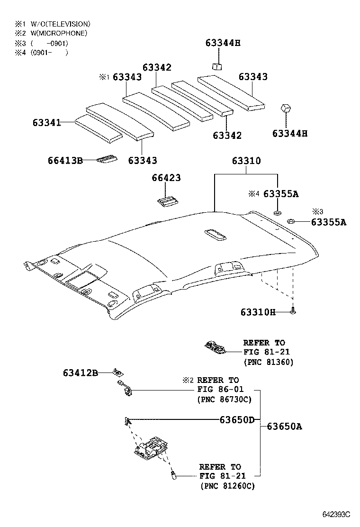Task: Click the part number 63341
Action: (x=46, y=122)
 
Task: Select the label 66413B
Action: (x=65, y=161)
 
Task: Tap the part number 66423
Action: (x=166, y=178)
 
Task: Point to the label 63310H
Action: (x=258, y=312)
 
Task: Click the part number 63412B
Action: (x=80, y=373)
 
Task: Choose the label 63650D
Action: (x=237, y=419)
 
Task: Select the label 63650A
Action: (x=284, y=426)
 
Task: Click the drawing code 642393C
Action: (x=336, y=514)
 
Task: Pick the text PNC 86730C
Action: (x=224, y=400)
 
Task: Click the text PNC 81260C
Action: (x=227, y=486)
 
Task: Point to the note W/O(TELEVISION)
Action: (x=60, y=24)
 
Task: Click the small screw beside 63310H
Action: (x=294, y=311)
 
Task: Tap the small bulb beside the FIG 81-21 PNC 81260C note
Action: (x=173, y=474)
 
